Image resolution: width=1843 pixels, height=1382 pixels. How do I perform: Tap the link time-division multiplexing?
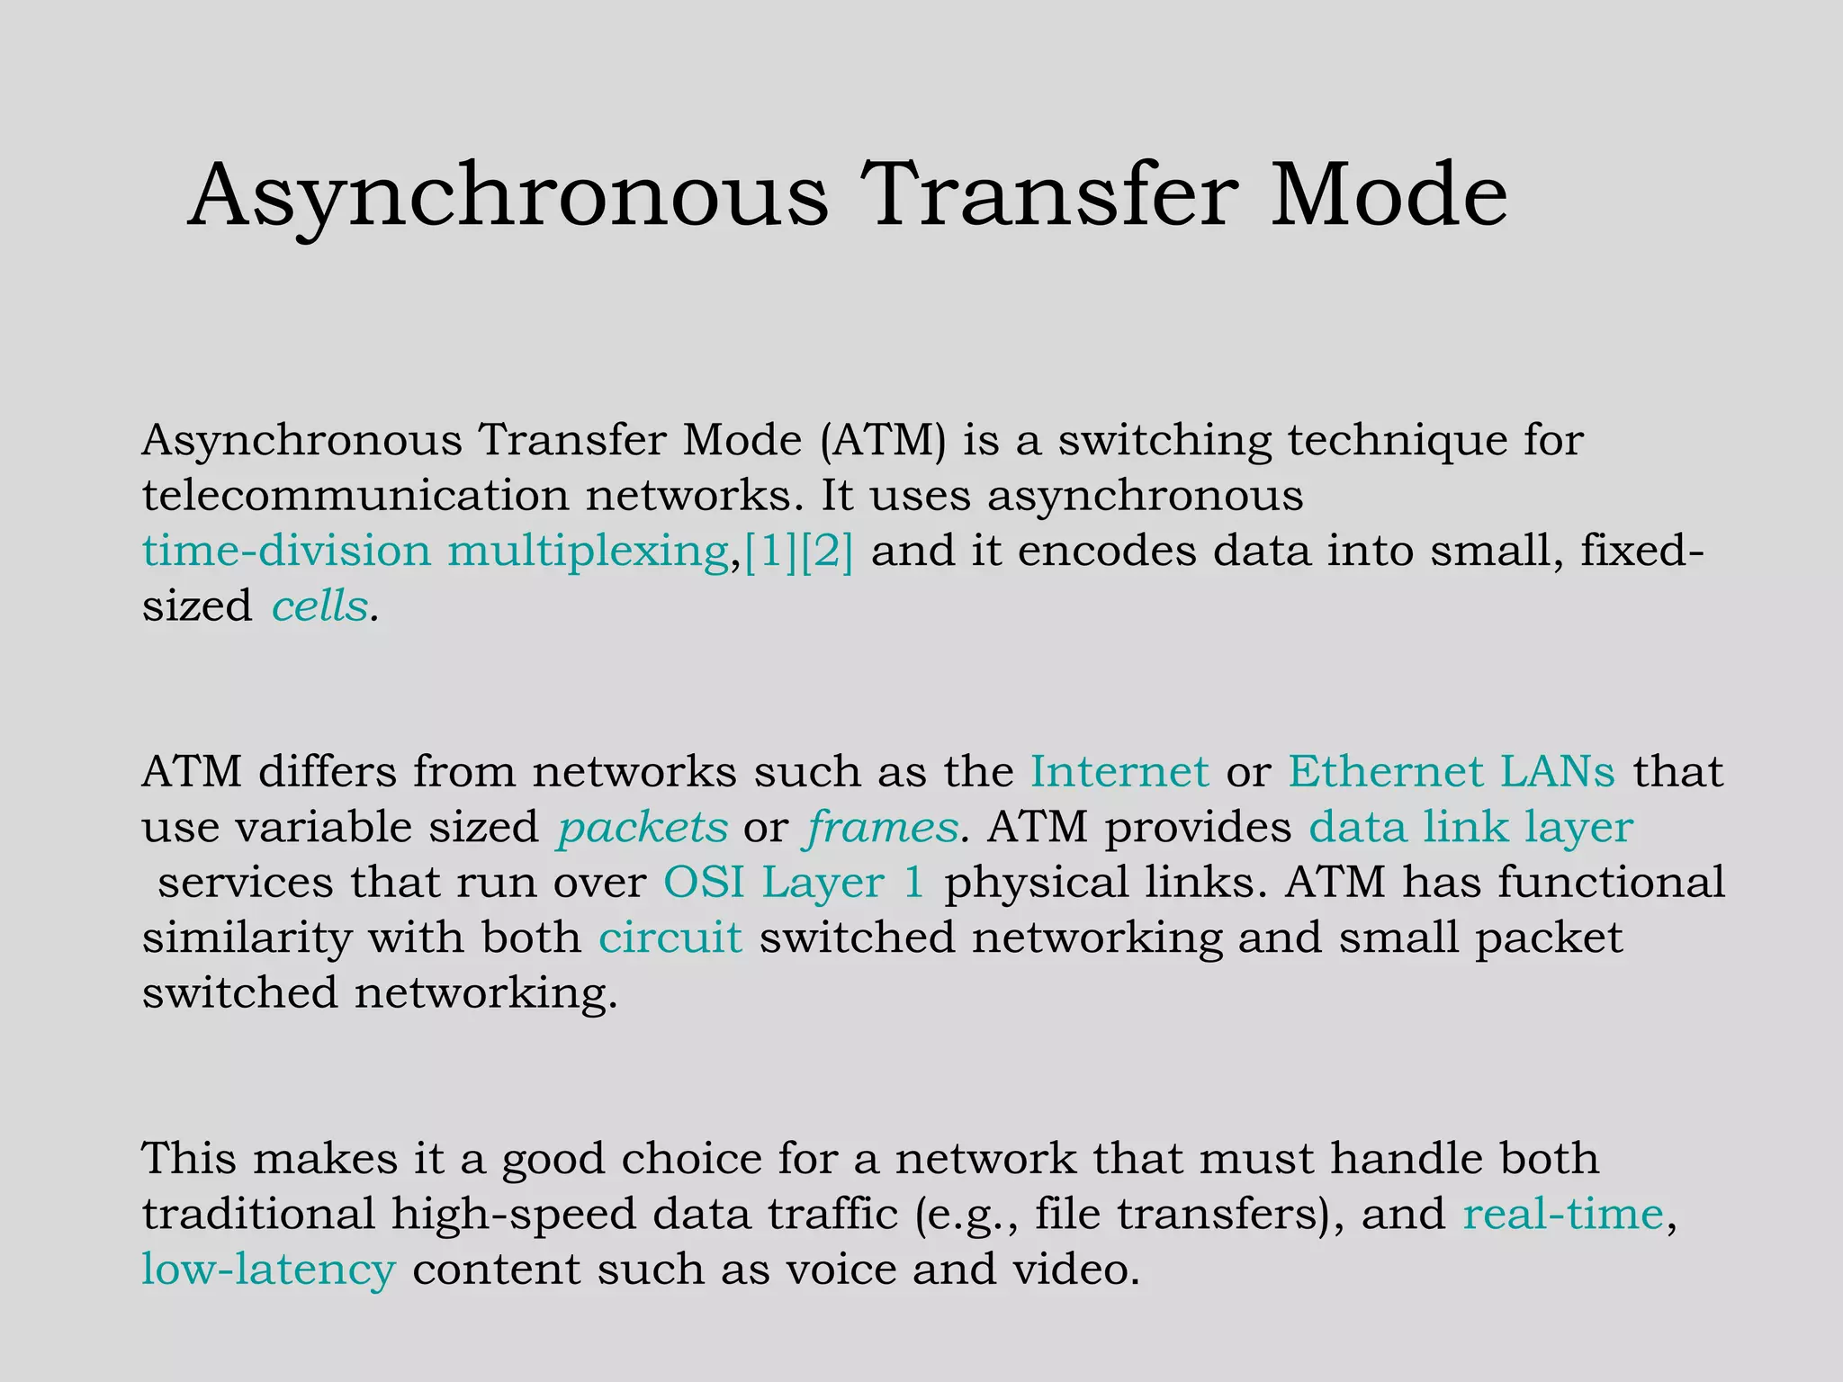[x=436, y=552]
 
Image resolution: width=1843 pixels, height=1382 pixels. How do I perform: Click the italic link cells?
[x=319, y=606]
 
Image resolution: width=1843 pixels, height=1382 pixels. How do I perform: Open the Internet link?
[x=1119, y=772]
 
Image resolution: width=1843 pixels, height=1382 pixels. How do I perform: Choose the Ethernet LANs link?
[x=1452, y=772]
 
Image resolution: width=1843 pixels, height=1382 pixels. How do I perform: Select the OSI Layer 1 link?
[x=794, y=883]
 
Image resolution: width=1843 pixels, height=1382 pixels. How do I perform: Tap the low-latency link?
[x=268, y=1270]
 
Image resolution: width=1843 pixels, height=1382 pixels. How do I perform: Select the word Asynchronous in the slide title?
[x=508, y=195]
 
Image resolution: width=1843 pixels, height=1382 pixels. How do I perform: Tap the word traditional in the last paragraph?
[x=258, y=1214]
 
